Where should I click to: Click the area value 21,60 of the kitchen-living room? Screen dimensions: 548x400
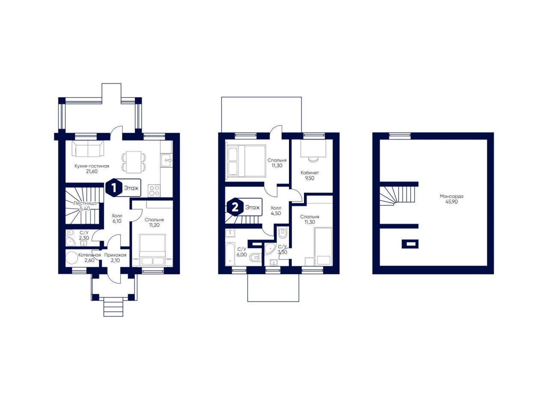click(92, 171)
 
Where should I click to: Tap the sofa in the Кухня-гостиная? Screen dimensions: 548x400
click(88, 149)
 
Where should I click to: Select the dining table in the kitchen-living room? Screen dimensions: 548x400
click(134, 162)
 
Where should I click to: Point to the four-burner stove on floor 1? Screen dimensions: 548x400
click(154, 191)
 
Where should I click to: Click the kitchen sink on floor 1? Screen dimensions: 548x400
click(167, 160)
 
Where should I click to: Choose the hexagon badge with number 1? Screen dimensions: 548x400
click(114, 188)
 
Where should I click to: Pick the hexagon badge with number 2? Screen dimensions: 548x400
click(235, 207)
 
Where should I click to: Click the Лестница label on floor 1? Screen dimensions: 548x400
click(85, 203)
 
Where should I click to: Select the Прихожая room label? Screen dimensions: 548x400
click(115, 255)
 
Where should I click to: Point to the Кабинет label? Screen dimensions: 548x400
click(310, 173)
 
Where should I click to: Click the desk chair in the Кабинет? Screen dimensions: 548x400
click(313, 159)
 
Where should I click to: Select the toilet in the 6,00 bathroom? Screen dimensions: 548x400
click(256, 257)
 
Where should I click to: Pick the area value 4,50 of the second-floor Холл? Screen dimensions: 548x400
click(276, 213)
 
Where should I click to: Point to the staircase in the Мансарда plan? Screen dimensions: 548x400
click(398, 196)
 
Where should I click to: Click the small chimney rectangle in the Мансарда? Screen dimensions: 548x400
click(410, 244)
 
